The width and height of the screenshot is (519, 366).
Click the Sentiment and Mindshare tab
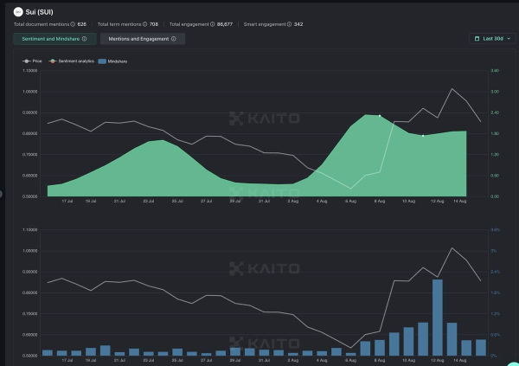pos(54,39)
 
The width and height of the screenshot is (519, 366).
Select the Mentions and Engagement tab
pos(142,39)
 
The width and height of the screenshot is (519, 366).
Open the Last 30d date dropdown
pos(492,39)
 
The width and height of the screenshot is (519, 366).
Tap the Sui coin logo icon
pos(19,11)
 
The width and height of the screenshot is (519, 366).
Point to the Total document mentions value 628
pos(81,24)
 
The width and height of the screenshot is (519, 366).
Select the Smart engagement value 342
pos(298,24)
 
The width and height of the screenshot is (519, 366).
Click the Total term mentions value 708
pos(153,24)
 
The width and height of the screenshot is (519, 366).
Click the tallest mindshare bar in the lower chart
pos(438,317)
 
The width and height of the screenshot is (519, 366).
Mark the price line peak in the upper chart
pos(452,88)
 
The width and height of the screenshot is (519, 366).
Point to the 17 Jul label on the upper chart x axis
pos(67,201)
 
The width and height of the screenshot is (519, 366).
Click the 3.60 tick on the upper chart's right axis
pos(495,92)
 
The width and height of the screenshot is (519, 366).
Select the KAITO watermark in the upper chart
pos(265,118)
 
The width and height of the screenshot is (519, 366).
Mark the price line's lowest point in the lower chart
pos(350,348)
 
